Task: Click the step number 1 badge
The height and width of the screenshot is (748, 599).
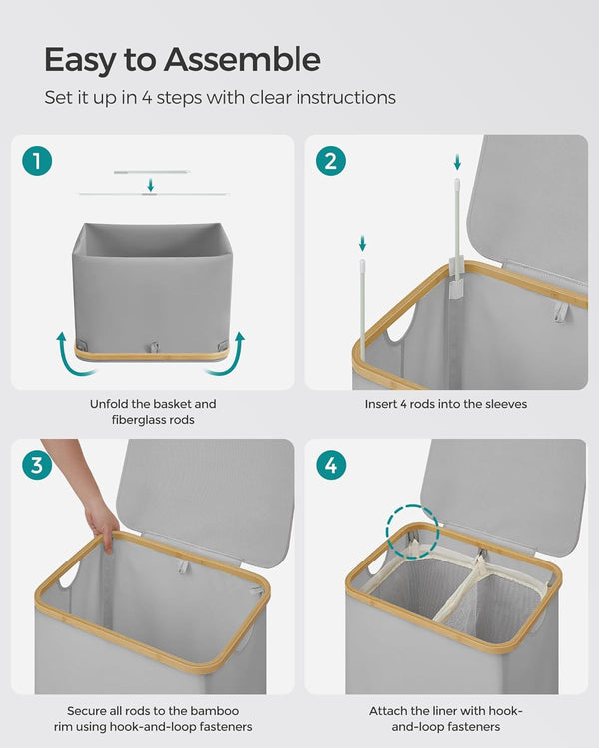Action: point(37,161)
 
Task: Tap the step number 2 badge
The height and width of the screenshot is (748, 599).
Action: point(331,161)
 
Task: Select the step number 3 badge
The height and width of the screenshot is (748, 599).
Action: point(37,465)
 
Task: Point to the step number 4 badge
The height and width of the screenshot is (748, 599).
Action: point(331,465)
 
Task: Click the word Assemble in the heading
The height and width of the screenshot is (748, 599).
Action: point(242,60)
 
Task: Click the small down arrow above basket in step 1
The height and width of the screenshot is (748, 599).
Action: point(150,185)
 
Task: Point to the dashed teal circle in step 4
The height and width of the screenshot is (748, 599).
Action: point(412,531)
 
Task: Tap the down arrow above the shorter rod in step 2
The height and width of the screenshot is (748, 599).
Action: point(362,243)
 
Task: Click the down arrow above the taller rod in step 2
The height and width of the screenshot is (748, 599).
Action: point(458,162)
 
